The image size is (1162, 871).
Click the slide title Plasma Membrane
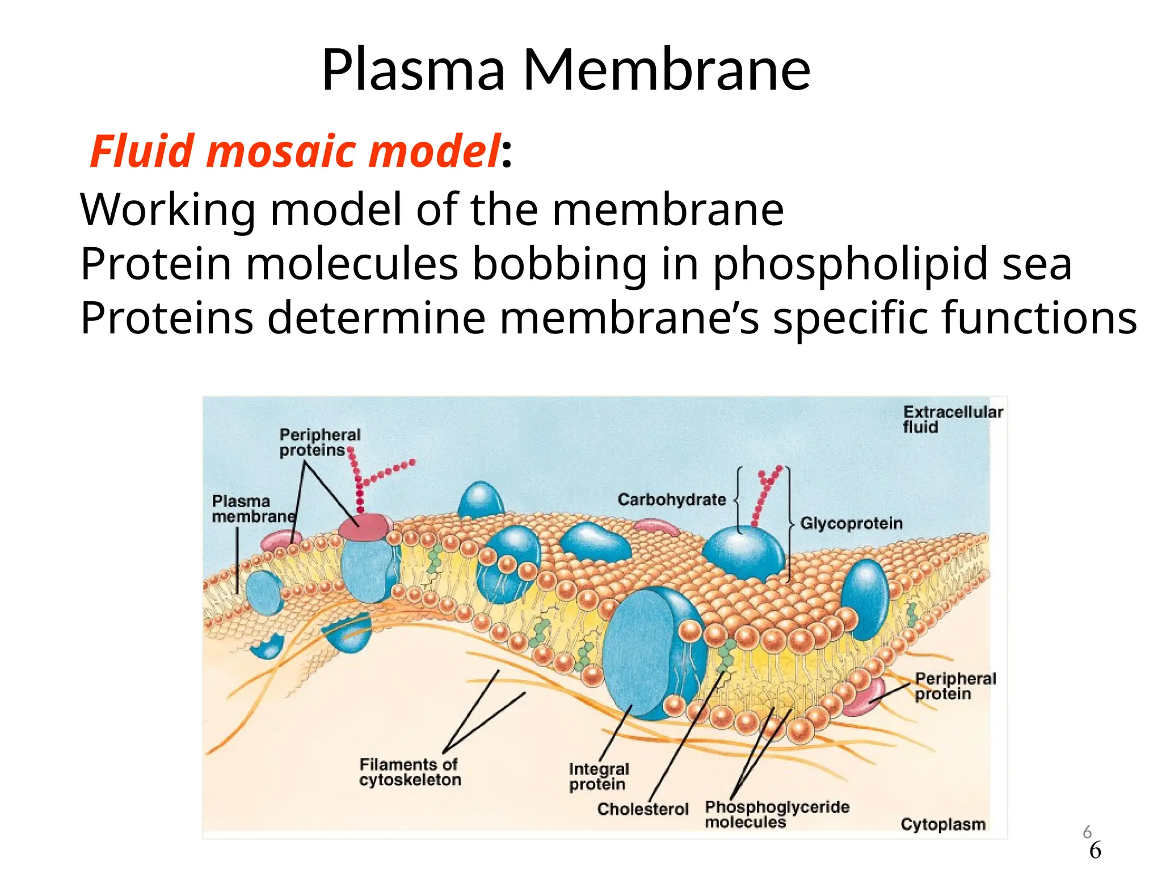(x=566, y=70)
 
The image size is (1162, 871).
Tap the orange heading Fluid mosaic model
(x=296, y=151)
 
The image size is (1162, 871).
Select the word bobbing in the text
(x=559, y=264)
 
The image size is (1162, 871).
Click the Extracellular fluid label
(x=952, y=419)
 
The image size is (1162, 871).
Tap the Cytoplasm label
(x=942, y=824)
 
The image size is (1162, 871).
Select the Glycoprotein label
(x=851, y=523)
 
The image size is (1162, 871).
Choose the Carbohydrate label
(x=671, y=500)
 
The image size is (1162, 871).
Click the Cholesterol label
(x=642, y=809)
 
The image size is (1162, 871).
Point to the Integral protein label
(x=599, y=776)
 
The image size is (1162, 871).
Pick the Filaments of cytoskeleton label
(x=410, y=772)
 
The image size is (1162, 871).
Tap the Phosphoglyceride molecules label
(x=776, y=814)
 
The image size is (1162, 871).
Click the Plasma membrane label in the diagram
(x=253, y=509)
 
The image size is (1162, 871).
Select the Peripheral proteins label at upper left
(x=319, y=442)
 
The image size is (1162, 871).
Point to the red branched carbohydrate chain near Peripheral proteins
(x=363, y=479)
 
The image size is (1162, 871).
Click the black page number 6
(x=1095, y=851)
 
